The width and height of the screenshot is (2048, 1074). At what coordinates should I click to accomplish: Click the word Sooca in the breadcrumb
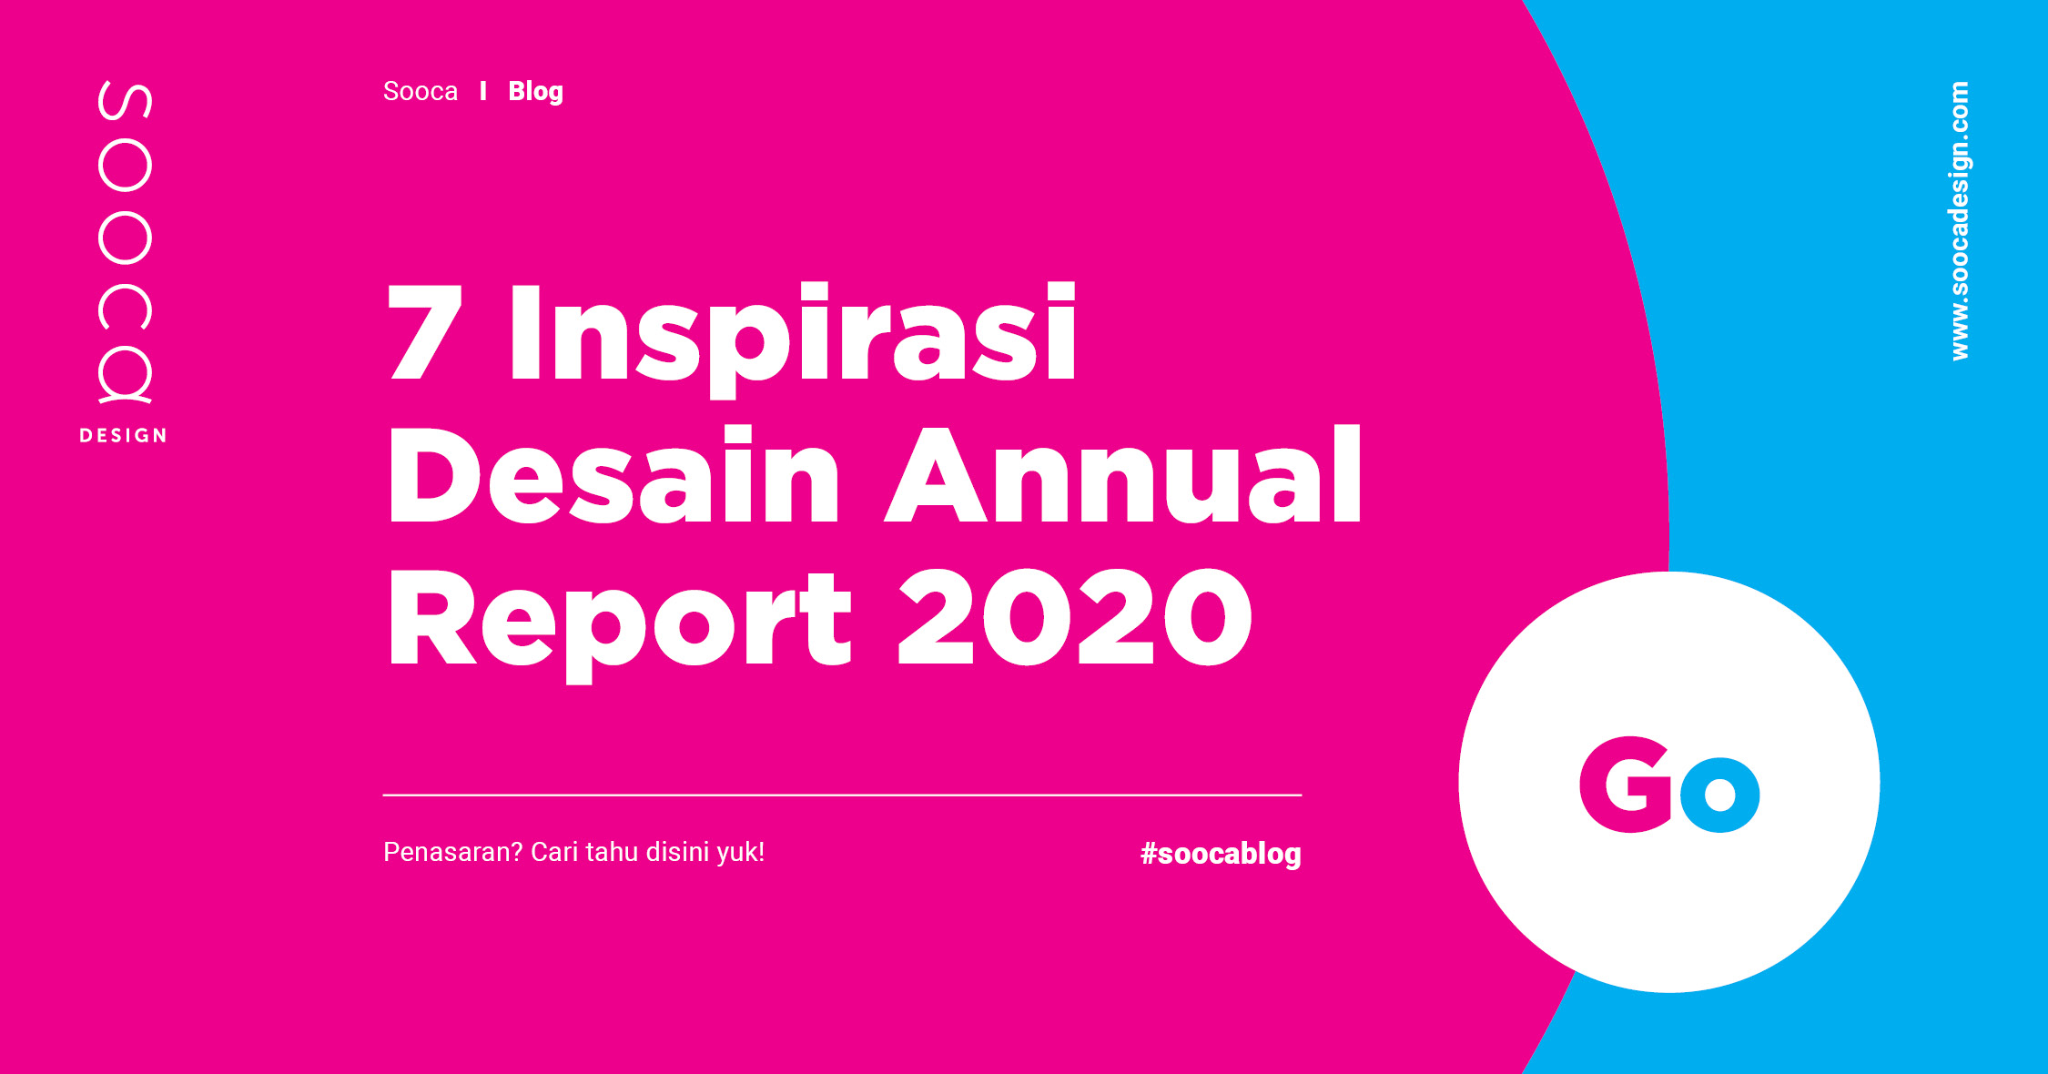tap(420, 91)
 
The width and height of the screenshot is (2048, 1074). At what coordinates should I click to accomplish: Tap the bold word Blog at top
tap(535, 92)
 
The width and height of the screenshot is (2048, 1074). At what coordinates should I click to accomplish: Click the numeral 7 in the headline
tap(424, 331)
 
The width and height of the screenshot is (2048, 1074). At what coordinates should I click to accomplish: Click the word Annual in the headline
tap(1124, 475)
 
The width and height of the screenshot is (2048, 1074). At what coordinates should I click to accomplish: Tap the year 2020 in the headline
tap(1074, 617)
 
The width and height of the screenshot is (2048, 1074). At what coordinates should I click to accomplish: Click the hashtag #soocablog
tap(1221, 854)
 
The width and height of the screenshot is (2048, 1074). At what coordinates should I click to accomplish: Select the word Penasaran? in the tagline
tap(452, 852)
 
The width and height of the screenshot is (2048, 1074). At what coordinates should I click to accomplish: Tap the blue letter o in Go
tap(1719, 794)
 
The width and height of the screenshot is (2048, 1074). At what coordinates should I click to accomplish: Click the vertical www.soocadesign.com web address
tap(1960, 221)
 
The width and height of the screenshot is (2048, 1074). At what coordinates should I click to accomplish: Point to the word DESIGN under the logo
tap(124, 436)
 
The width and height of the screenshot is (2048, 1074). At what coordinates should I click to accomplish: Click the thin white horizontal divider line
tap(842, 795)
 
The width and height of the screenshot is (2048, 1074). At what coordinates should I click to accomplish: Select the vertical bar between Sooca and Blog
tap(483, 91)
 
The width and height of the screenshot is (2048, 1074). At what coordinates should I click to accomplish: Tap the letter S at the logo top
tap(125, 100)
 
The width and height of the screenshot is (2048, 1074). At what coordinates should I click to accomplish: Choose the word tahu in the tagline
tap(612, 852)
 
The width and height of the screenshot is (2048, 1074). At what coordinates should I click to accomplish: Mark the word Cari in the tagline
tap(553, 852)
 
